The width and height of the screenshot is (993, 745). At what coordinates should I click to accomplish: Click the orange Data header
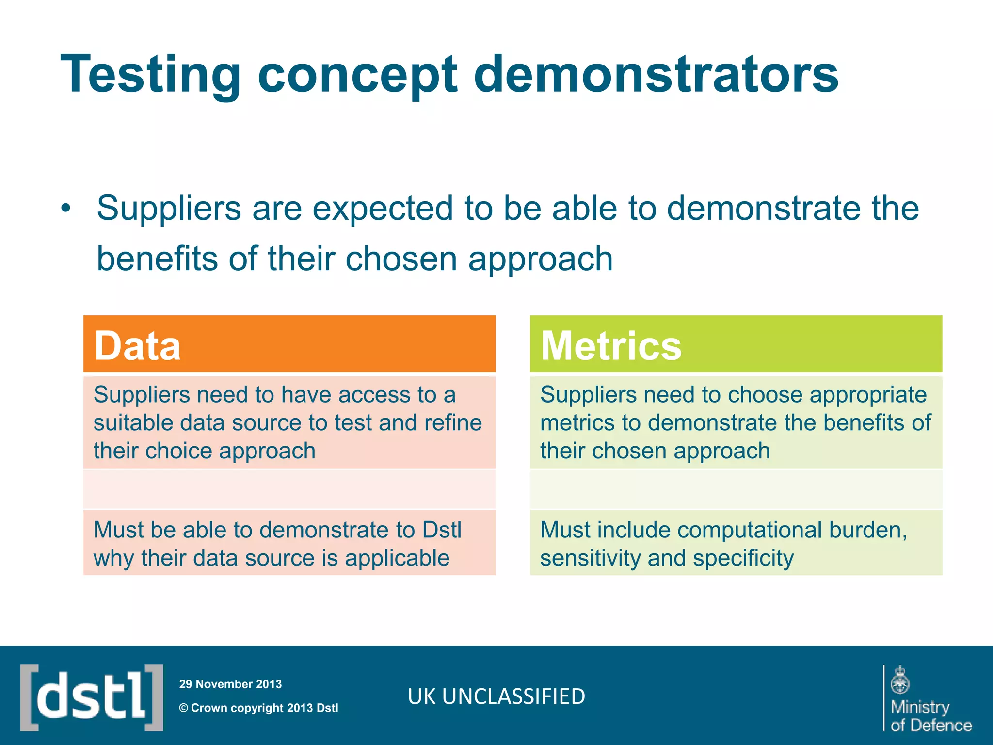[x=289, y=344]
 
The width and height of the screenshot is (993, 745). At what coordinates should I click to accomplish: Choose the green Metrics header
[x=736, y=344]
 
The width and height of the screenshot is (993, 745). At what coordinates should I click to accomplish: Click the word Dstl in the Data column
[x=441, y=530]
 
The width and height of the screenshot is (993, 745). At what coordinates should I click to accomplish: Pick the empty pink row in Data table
[x=289, y=489]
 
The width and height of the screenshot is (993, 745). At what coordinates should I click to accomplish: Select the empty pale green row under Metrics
[x=736, y=489]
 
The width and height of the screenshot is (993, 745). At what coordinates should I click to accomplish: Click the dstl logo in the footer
[x=92, y=697]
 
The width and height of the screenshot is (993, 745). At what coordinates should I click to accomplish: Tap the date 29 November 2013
[x=230, y=684]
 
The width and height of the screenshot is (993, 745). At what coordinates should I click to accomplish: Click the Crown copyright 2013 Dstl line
[x=259, y=708]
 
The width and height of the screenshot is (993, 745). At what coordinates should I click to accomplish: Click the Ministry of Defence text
[x=930, y=716]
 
